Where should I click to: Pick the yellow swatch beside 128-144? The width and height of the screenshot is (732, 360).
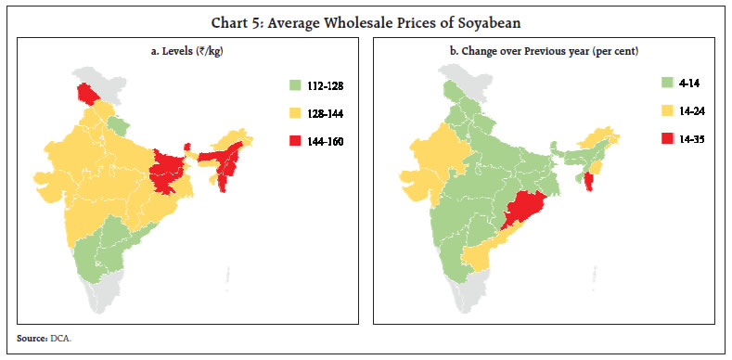click(294, 116)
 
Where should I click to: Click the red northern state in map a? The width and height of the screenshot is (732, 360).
click(88, 94)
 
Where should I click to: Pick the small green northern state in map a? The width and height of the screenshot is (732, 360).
click(117, 125)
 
